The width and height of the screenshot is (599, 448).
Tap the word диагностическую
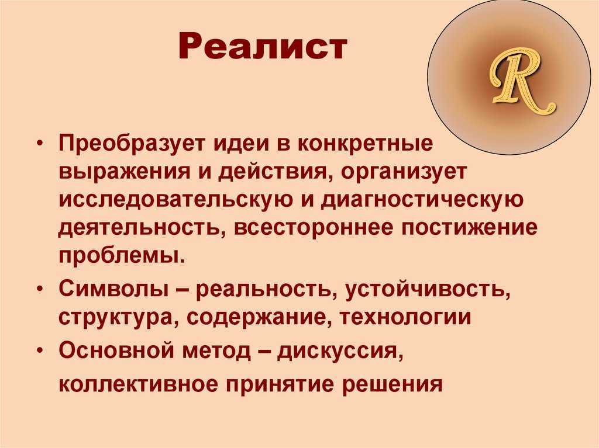pos(422,200)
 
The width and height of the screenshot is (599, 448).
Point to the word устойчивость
pos(428,290)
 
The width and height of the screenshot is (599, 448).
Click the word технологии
pos(405,318)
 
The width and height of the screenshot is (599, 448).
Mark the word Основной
pos(116,350)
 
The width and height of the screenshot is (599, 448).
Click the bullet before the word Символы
pos(41,290)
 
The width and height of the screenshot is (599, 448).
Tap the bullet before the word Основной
pos(41,351)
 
